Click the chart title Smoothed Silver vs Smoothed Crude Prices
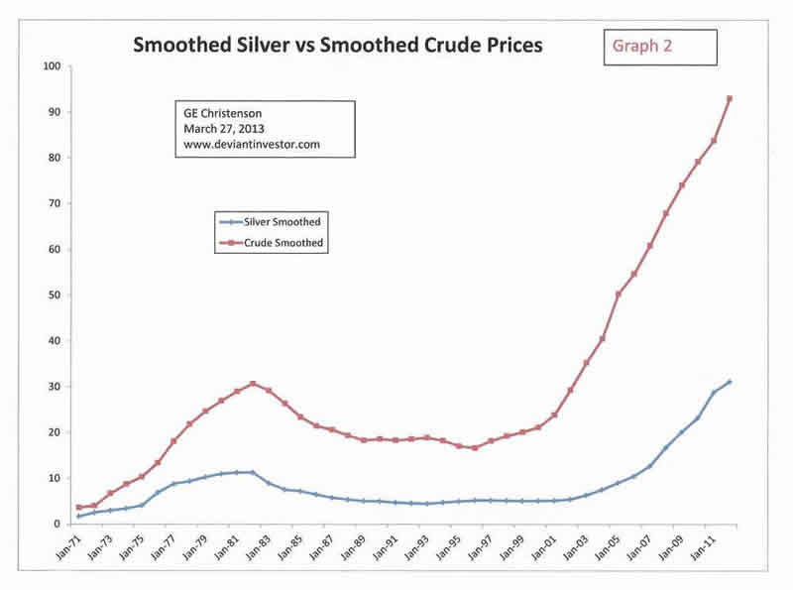[x=337, y=46]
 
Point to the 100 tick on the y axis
[x=52, y=66]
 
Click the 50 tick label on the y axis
[x=55, y=295]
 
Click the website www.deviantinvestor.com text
[x=252, y=145]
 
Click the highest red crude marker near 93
[x=729, y=98]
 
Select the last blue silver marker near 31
[x=729, y=382]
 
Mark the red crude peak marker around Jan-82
[x=253, y=384]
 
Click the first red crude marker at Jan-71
[x=79, y=508]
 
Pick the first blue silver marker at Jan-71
[x=79, y=516]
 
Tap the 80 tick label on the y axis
[x=55, y=158]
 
